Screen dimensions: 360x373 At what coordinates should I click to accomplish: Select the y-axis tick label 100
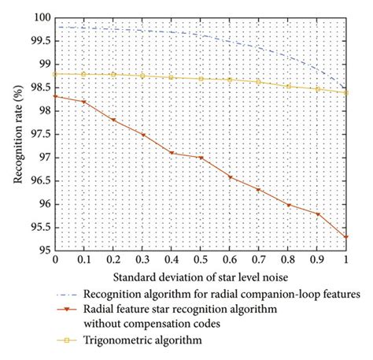[x=40, y=17]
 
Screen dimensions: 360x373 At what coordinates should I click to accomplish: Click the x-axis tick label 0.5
[x=201, y=259]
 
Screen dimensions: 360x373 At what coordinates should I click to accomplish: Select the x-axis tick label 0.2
[x=113, y=259]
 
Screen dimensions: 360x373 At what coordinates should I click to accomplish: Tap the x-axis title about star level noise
[x=200, y=277]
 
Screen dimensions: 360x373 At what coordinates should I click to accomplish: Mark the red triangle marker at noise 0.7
[x=260, y=190]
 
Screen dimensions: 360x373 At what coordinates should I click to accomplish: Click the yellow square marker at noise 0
[x=55, y=73]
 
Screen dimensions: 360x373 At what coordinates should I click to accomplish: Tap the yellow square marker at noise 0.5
[x=201, y=79]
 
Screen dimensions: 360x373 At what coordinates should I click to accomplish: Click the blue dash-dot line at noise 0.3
[x=142, y=31]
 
